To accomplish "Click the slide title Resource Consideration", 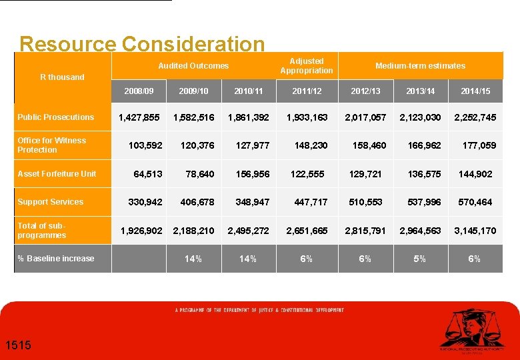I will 142,44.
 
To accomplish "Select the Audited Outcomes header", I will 193,65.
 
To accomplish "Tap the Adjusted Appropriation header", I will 307,65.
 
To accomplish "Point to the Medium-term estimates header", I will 420,65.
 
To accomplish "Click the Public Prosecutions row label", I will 56,117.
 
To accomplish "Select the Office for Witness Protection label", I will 52,145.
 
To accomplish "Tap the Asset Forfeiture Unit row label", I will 57,174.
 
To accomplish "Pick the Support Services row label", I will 51,202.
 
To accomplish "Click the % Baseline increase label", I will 56,259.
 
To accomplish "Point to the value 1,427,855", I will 139,117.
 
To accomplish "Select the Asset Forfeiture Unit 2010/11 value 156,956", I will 253,174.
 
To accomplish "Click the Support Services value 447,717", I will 311,202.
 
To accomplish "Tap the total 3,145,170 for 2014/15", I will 475,231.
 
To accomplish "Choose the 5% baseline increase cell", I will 419,259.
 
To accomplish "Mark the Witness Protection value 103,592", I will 145,145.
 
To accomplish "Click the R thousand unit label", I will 62,77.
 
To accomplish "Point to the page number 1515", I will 17,345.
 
